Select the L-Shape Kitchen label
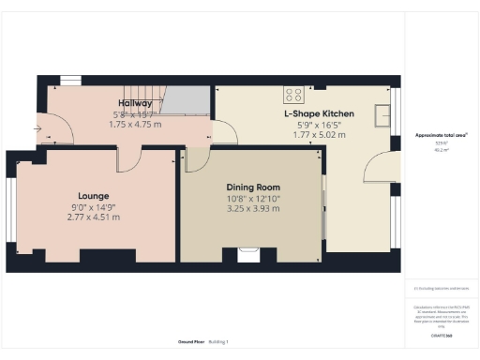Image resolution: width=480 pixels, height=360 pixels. point(319,113)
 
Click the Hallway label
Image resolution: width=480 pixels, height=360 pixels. point(136,102)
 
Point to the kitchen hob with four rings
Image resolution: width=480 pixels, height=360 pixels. point(293,95)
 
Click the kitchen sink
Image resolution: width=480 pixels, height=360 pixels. point(382,113)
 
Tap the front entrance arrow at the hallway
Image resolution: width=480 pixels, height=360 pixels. point(37,128)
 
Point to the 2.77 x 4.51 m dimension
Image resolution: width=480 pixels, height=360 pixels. point(94,217)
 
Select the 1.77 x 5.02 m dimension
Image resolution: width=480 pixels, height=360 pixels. point(319,135)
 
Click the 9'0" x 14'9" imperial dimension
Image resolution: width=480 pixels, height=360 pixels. point(94,206)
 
